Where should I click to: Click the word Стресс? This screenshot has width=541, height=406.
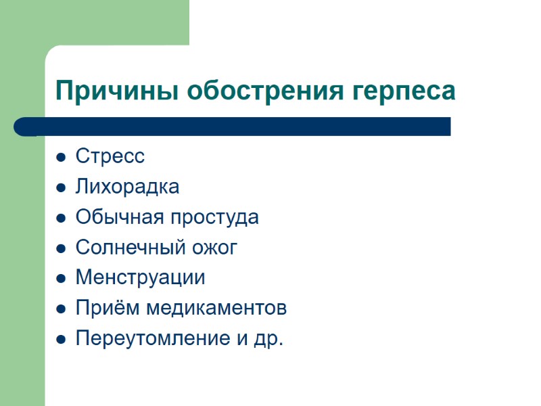tap(110, 156)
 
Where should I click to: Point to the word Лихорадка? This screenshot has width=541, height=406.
tap(127, 187)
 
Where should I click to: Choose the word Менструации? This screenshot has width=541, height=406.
tap(140, 278)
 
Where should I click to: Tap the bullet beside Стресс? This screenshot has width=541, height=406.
tap(61, 158)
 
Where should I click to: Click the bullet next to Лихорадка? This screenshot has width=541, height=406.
tap(61, 188)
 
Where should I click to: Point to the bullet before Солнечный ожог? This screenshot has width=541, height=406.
tap(61, 249)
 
